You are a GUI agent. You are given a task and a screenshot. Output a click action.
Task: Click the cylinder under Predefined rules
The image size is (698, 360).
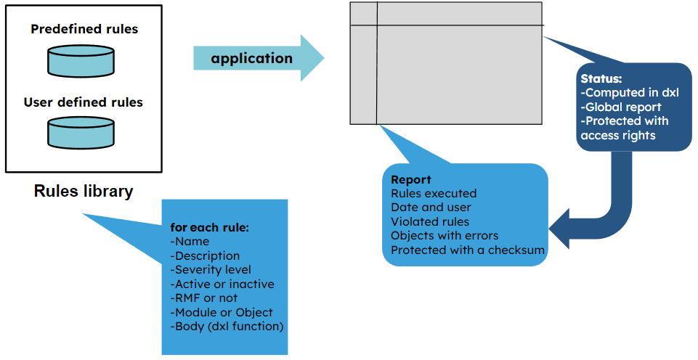[81, 61]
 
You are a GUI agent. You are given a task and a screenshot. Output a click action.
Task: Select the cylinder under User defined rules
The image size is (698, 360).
[81, 134]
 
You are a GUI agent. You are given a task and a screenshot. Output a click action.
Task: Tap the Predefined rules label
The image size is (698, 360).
[84, 30]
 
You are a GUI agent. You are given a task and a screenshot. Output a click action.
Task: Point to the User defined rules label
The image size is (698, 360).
[84, 102]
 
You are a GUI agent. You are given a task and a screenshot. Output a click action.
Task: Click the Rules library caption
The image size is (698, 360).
[84, 192]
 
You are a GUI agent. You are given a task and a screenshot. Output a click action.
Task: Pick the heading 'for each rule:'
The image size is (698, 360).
[210, 227]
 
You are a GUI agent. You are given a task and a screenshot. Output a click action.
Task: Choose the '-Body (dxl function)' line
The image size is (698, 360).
[227, 326]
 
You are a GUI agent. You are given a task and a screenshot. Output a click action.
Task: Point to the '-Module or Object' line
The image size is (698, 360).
[221, 312]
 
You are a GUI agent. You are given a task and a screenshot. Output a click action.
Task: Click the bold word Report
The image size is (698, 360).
[411, 179]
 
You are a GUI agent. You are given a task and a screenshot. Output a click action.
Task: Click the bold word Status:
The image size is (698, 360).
[601, 78]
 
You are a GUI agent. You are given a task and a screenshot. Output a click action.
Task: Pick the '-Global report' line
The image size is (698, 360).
[621, 107]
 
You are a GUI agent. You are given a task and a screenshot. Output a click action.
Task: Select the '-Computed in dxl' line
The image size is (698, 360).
[629, 92]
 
